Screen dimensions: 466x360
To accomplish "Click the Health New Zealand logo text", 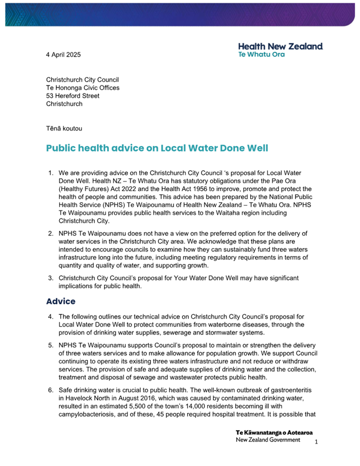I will click(x=280, y=46).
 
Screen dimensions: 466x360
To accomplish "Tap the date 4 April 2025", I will click(x=63, y=54).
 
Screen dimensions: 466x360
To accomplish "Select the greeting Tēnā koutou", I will click(x=64, y=128).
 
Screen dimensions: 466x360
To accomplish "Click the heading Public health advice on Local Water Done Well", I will click(x=157, y=148).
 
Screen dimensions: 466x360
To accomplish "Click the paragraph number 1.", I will click(x=51, y=174).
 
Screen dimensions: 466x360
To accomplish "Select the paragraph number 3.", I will click(x=51, y=278).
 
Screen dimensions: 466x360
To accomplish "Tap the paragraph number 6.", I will click(x=51, y=390).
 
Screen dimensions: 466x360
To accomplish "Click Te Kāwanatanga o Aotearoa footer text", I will click(x=274, y=432).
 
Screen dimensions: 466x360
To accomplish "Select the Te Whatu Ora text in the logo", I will click(x=261, y=54).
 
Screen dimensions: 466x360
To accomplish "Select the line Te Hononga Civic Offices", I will click(x=83, y=88).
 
